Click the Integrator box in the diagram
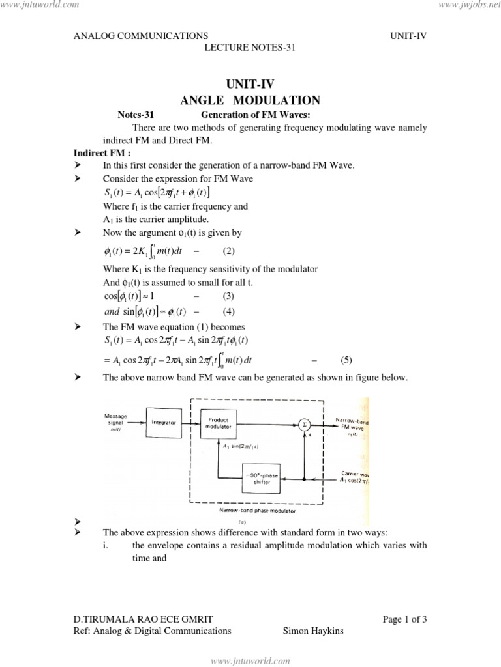point(164,423)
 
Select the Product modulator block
point(218,424)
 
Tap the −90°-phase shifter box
point(262,479)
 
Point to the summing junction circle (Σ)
point(303,425)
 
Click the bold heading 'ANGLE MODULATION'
point(250,100)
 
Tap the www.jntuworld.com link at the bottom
point(250,661)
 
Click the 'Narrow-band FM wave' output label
point(352,425)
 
